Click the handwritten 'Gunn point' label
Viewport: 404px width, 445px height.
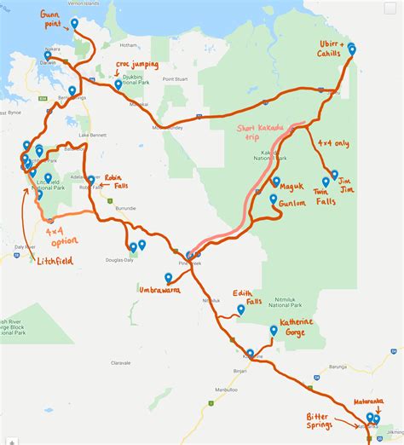pos(54,20)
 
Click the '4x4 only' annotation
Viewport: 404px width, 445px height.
pos(332,144)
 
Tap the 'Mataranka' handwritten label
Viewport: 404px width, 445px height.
pos(368,401)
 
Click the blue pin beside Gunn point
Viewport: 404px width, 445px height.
pos(74,24)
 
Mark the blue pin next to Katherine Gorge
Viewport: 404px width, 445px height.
pos(273,329)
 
